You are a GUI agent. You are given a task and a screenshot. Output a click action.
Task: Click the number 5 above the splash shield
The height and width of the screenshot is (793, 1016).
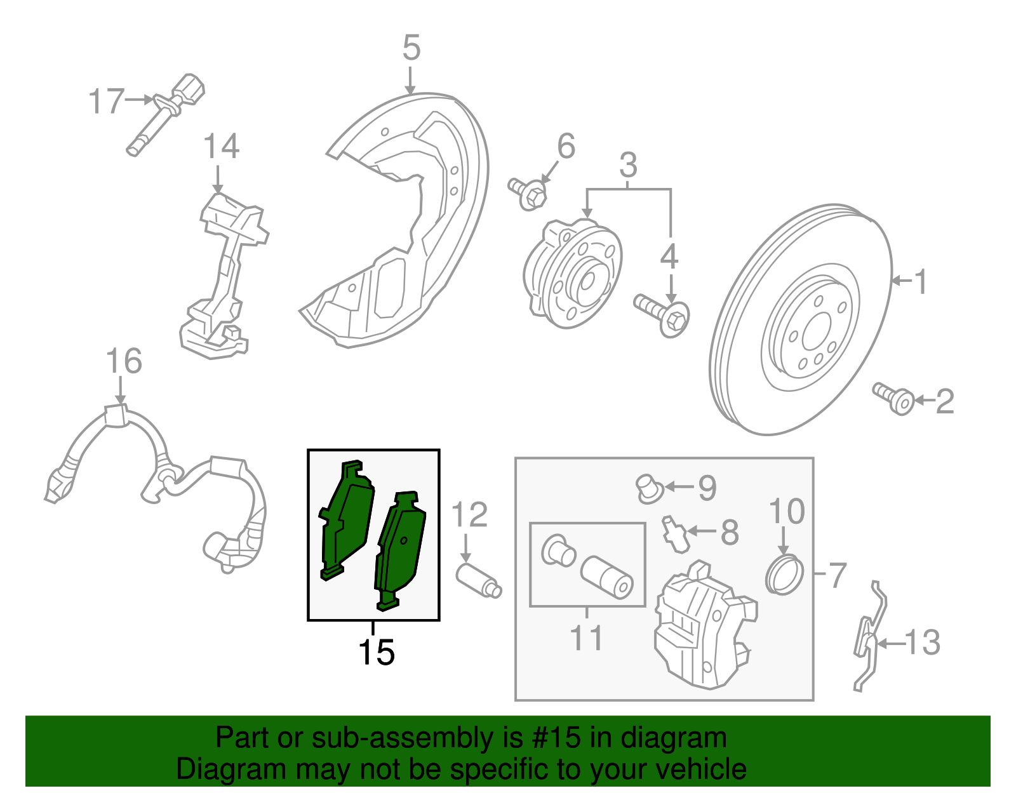pyautogui.click(x=411, y=48)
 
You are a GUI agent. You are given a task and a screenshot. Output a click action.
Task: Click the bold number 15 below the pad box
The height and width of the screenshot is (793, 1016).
pyautogui.click(x=377, y=652)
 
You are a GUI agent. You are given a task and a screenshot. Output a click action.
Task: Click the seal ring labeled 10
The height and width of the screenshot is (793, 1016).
pyautogui.click(x=785, y=574)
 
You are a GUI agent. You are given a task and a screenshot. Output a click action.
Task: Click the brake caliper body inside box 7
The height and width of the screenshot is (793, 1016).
pyautogui.click(x=702, y=629)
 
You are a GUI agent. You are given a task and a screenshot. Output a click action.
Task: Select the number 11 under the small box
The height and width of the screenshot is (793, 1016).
pyautogui.click(x=585, y=637)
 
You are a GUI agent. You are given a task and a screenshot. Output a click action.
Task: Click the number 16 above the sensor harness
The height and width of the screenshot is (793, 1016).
pyautogui.click(x=123, y=361)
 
